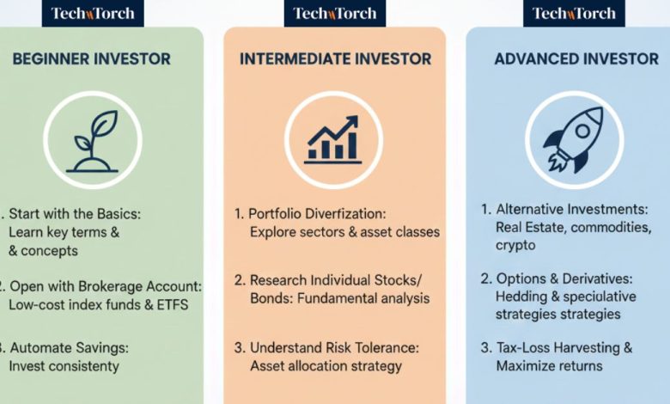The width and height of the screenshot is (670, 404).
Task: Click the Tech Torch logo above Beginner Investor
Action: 92,13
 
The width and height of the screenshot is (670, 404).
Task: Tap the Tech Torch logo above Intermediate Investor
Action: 334,13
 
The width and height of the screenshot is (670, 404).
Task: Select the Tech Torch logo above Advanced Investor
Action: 574,13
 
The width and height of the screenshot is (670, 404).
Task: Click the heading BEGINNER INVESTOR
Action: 91,59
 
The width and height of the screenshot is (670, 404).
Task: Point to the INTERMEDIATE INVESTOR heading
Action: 334,59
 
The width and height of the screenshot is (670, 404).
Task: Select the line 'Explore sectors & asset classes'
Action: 344,232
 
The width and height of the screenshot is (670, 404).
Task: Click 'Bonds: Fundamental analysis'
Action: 340,299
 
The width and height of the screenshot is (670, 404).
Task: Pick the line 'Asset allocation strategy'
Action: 326,366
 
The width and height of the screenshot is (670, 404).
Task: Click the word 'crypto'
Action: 515,245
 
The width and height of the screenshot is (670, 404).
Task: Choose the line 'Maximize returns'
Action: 549,366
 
